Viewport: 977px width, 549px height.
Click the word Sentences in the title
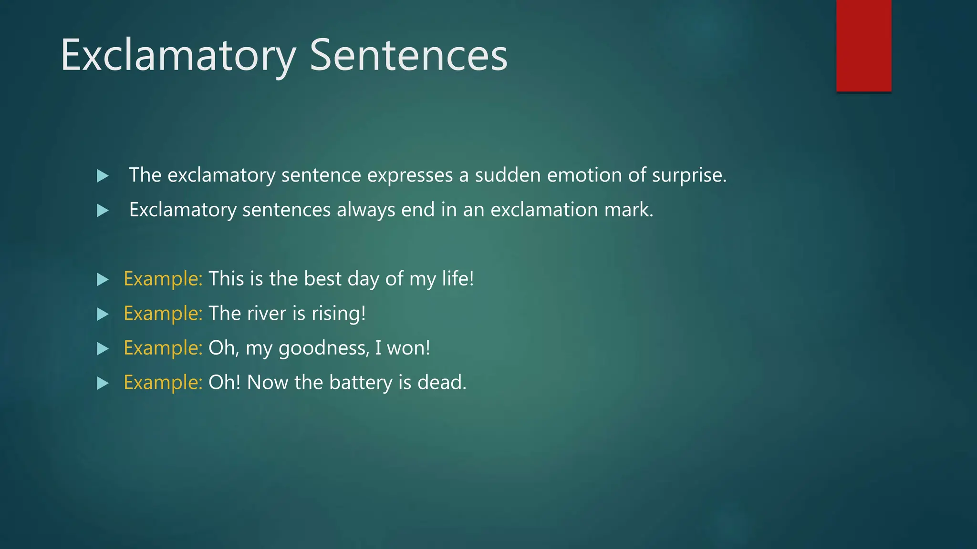coord(408,56)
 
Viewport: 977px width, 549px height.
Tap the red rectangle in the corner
coord(863,45)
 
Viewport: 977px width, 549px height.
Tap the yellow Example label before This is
coord(163,279)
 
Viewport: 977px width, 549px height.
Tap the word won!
coord(408,348)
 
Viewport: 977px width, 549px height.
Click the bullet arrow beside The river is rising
coord(103,315)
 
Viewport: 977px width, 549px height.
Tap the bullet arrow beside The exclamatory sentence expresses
coord(103,176)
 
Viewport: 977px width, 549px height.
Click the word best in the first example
coord(322,279)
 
